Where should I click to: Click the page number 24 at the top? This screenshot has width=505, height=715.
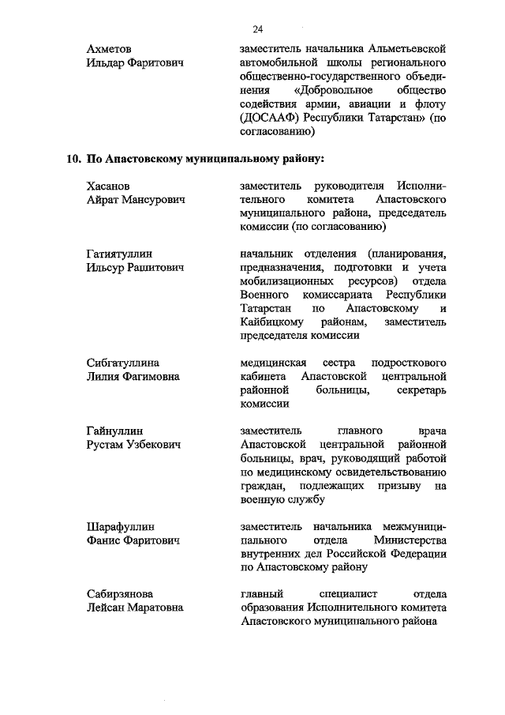tap(257, 29)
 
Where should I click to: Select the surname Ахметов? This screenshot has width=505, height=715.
tap(109, 49)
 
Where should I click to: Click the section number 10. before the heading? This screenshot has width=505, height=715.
tap(73, 158)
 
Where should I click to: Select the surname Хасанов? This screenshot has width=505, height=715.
tap(107, 185)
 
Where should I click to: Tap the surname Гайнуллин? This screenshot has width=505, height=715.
tap(114, 431)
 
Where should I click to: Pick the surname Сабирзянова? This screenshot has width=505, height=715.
tap(119, 594)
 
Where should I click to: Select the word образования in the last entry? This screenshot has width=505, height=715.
tap(275, 608)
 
